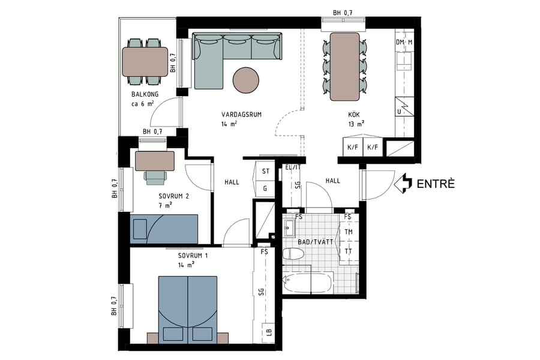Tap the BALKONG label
point(144,95)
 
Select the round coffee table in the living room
point(246,79)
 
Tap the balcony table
point(145,61)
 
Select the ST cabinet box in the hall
point(265,172)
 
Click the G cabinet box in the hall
point(265,188)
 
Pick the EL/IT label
point(293,168)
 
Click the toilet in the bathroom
point(293,254)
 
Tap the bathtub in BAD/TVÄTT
point(307,283)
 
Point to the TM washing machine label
point(348,232)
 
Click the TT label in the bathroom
point(348,251)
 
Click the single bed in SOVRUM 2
point(164,228)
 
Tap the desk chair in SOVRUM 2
point(155,177)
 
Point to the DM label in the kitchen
point(400,43)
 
